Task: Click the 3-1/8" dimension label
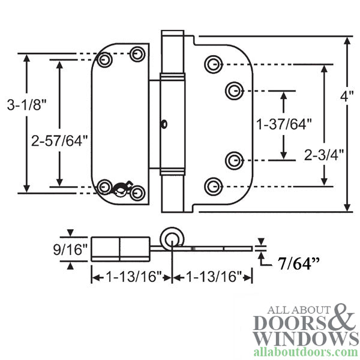[27, 105]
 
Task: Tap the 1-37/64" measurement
[284, 125]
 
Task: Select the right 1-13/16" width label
[211, 277]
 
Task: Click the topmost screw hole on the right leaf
[212, 64]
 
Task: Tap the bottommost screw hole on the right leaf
[212, 184]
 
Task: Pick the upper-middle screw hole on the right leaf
[233, 91]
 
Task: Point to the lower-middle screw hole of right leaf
[233, 160]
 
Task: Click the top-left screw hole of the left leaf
[106, 60]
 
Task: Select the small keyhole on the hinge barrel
[163, 124]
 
